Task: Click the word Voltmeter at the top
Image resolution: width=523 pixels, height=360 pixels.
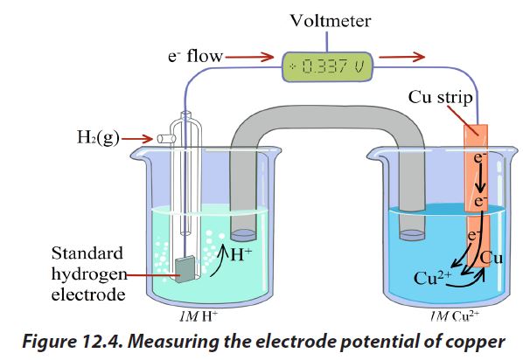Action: coord(331,21)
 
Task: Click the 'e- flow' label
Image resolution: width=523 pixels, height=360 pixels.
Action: coord(195,56)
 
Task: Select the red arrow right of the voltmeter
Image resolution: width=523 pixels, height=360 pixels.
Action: coord(402,57)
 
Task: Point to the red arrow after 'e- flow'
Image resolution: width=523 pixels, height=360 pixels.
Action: coord(249,57)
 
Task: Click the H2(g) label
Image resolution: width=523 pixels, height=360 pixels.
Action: coord(98,137)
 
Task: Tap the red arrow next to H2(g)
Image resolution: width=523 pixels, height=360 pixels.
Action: coord(136,139)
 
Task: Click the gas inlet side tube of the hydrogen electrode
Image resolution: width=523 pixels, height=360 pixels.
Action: coord(166,138)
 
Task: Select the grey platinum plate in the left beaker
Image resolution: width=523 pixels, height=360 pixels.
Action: coord(185,269)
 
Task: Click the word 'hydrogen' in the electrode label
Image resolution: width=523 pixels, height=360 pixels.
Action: coord(89,274)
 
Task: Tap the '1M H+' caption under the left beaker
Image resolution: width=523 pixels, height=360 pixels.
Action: coord(199,316)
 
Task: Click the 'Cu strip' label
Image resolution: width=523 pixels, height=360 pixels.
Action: coord(440,97)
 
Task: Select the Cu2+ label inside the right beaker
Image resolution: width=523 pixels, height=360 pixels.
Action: coord(432,278)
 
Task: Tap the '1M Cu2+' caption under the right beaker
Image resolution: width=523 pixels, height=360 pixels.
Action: coord(454,316)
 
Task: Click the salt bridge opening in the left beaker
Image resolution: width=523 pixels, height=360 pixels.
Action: coord(243,235)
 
